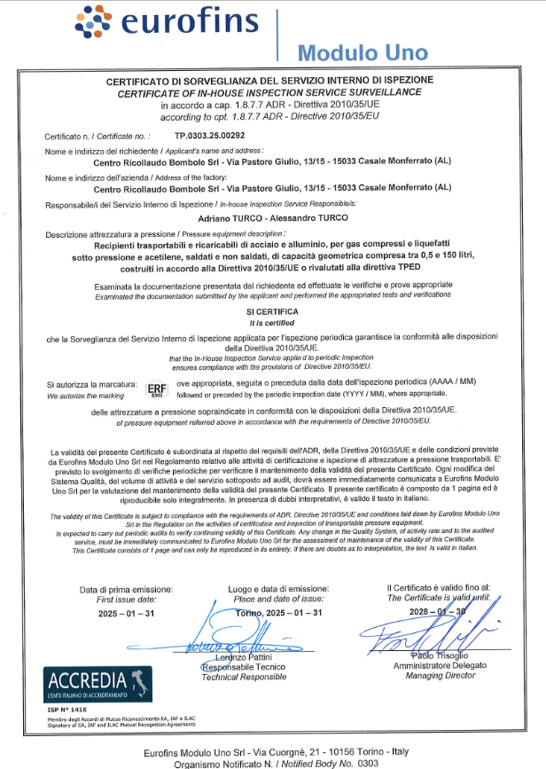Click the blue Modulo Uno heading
(x=362, y=52)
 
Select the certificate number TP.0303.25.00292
(x=210, y=137)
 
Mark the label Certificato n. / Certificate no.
(x=98, y=137)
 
